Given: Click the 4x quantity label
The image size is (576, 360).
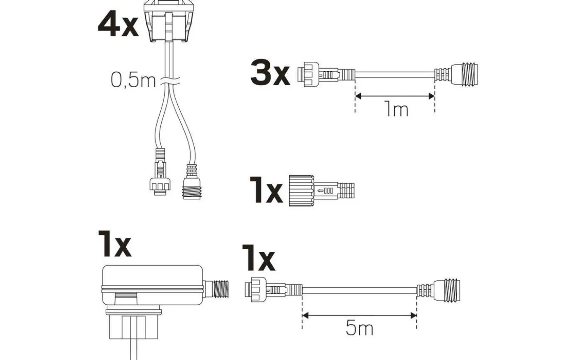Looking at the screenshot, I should click(118, 24).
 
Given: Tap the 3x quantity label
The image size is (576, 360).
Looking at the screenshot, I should click(270, 74).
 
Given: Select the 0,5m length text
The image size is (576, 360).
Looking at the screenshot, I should click(132, 80).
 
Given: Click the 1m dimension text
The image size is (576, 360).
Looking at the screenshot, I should click(396, 109).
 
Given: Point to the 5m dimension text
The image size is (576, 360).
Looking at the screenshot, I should click(359, 328).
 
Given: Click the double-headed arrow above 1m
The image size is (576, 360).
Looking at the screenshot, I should click(395, 96).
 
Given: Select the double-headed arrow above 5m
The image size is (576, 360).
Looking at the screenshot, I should click(359, 316).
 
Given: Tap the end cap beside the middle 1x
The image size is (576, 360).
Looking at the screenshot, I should click(321, 190).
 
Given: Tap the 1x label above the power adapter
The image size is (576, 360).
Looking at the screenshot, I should click(114, 244).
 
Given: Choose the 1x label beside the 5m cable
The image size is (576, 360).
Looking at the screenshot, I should click(258, 258).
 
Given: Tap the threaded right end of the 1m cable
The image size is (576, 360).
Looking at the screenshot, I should click(463, 74).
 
